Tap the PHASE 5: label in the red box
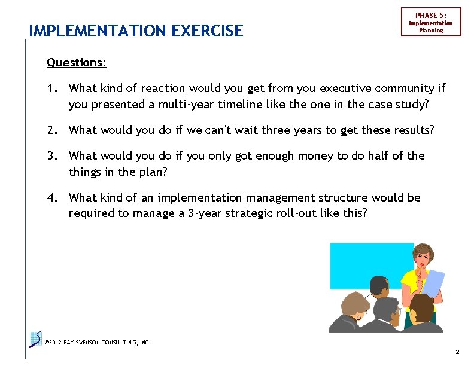coord(431,15)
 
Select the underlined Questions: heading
coord(77,62)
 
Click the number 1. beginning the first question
coord(53,89)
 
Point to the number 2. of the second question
coord(53,130)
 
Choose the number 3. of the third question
coord(53,156)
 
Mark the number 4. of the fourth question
coord(53,198)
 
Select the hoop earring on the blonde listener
coord(357,318)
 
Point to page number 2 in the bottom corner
coord(457,353)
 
